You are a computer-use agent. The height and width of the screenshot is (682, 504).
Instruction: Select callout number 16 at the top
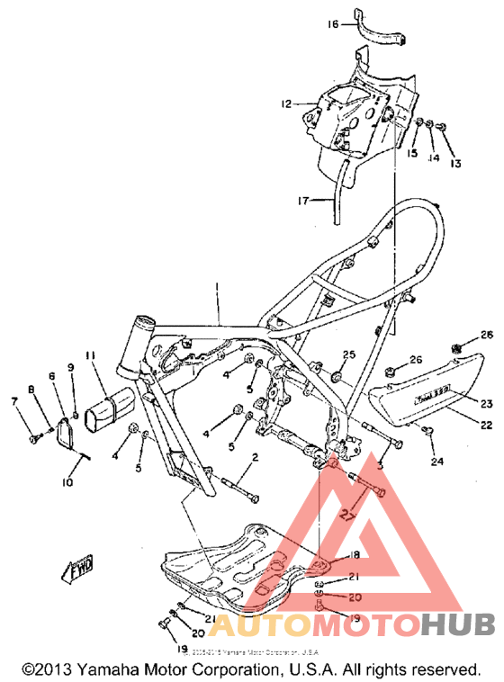click(333, 24)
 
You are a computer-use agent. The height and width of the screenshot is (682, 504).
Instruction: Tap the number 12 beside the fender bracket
click(285, 104)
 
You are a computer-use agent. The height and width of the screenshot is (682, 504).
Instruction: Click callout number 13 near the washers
click(455, 164)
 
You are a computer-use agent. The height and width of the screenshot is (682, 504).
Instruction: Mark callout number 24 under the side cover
click(437, 462)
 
